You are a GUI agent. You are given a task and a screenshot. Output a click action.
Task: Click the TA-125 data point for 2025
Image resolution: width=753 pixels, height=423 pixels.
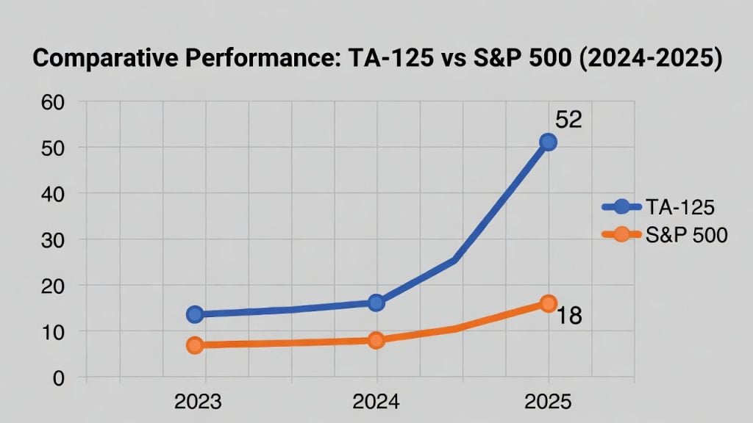coord(548,142)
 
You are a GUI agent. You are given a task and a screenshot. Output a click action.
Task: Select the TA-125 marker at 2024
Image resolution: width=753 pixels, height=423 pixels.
coord(376,303)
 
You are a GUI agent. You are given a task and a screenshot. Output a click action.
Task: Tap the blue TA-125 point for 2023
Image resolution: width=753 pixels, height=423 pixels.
coord(195,314)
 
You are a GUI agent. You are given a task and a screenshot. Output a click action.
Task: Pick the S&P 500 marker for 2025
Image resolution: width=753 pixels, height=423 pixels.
coord(548,303)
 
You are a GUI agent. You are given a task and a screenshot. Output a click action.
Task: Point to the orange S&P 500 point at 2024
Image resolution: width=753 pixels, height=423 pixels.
coord(376,340)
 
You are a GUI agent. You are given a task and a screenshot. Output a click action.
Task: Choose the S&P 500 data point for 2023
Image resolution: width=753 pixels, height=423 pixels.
coord(195,345)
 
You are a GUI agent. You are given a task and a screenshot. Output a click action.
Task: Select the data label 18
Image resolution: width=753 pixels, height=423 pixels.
coord(568,317)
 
